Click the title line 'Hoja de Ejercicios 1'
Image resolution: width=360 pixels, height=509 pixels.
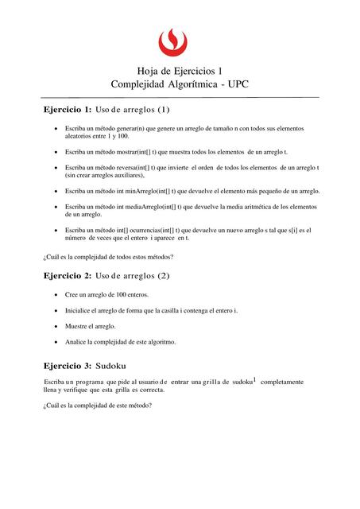(180, 71)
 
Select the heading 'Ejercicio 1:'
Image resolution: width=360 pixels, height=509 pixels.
(67, 109)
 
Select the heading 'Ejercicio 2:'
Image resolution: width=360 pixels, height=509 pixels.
(67, 276)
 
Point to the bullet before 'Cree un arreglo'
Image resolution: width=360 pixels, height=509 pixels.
(53, 295)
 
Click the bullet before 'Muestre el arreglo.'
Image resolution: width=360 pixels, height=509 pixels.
(53, 326)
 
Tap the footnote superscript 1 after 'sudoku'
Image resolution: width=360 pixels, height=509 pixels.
(254, 379)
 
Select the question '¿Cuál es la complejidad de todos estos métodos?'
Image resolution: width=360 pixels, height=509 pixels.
(107, 256)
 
